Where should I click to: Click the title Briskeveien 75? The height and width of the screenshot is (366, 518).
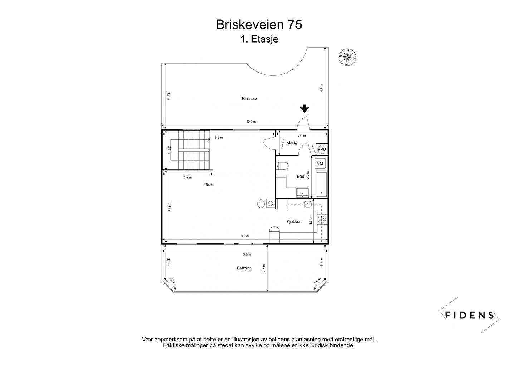[259, 24]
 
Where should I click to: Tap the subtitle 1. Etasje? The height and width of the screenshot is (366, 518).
[259, 39]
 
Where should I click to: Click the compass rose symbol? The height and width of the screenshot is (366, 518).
[347, 57]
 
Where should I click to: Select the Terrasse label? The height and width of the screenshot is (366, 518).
[249, 98]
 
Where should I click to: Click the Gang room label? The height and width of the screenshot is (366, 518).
[292, 142]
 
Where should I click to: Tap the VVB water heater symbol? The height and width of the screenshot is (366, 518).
[322, 149]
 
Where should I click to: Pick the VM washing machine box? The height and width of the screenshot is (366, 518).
[320, 163]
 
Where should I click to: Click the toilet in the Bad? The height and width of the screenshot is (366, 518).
[283, 166]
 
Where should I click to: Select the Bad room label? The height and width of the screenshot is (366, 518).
[300, 176]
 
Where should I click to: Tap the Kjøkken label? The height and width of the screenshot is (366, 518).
[294, 222]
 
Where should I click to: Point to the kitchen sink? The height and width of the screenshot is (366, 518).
[308, 204]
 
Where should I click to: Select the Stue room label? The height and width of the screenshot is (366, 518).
[208, 184]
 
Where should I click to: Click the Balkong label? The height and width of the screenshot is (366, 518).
[244, 268]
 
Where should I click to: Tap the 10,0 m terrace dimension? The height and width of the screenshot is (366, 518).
[251, 122]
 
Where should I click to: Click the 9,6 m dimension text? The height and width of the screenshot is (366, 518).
[245, 236]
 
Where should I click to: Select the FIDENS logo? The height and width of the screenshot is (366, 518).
[469, 315]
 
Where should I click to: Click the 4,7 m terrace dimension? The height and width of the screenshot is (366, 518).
[321, 88]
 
